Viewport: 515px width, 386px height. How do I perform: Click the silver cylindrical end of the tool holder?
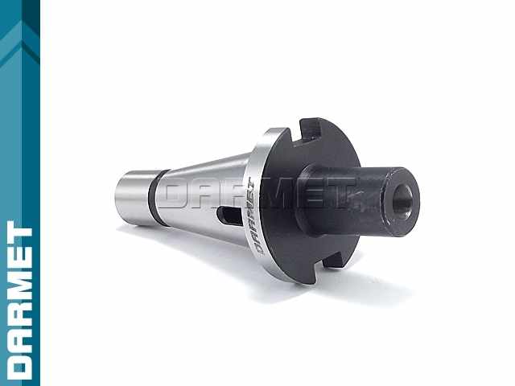132,198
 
